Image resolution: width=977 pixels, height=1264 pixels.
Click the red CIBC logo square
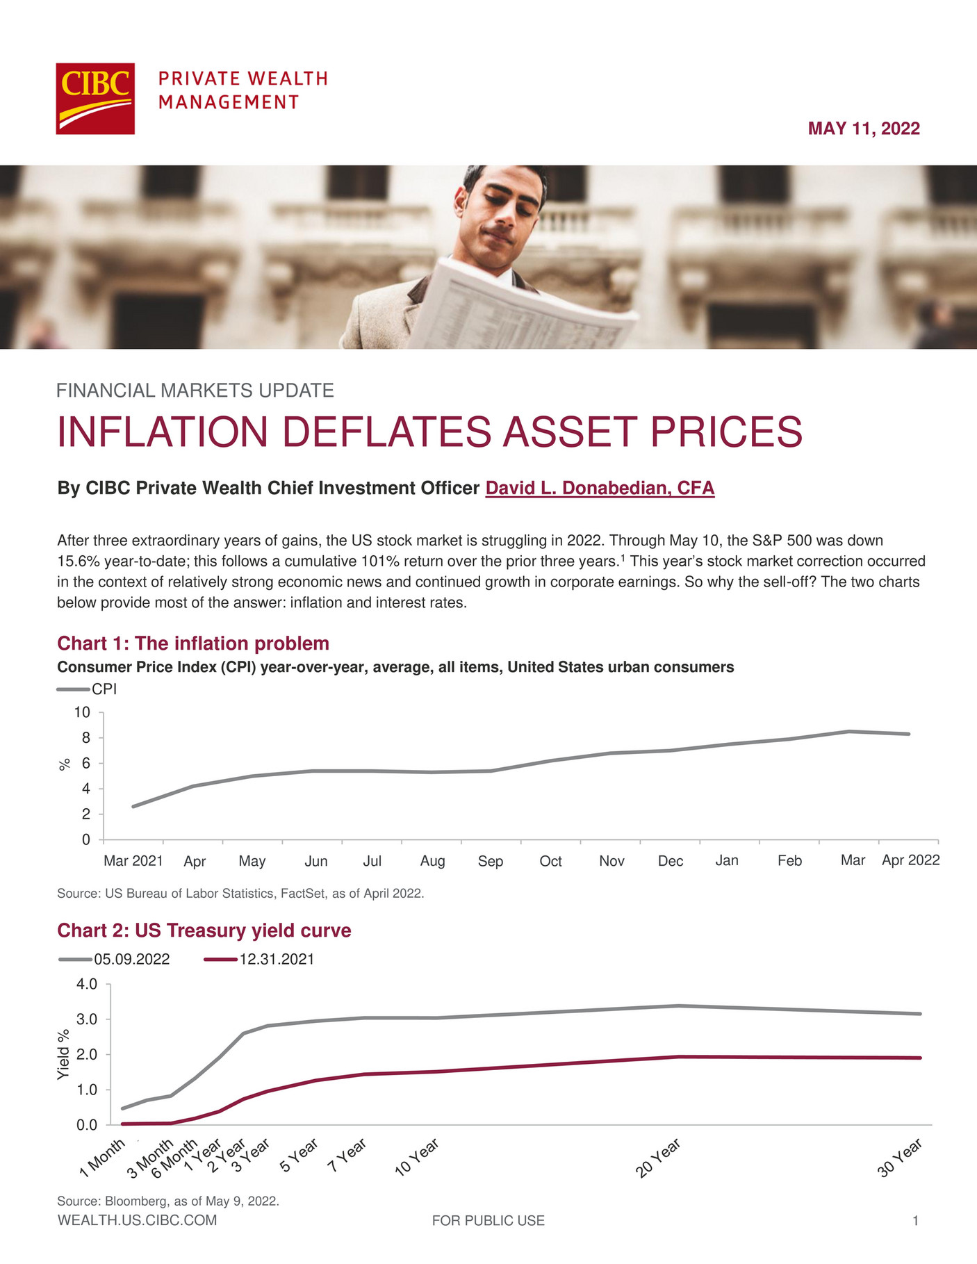tap(95, 99)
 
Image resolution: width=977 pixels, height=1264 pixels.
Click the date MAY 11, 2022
tap(863, 129)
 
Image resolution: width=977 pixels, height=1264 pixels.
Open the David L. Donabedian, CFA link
tap(600, 488)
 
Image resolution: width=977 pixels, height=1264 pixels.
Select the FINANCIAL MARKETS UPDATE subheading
tap(195, 391)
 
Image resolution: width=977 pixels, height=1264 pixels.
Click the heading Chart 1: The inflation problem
tap(192, 643)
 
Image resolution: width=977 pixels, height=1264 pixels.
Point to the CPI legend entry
tap(104, 689)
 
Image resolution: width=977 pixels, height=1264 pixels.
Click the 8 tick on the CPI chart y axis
tap(86, 738)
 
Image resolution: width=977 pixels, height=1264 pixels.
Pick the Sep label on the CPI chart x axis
tap(490, 861)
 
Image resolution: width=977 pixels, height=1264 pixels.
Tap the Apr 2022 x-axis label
tap(910, 860)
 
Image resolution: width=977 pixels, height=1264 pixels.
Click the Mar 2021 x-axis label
tap(133, 861)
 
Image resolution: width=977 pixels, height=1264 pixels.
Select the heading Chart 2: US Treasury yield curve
tap(204, 930)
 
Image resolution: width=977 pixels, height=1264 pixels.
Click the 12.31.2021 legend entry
tap(276, 960)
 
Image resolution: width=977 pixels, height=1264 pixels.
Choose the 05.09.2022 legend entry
tap(131, 960)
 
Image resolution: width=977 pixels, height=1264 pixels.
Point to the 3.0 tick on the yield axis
tap(88, 1019)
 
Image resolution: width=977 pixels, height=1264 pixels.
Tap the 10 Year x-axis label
tap(416, 1158)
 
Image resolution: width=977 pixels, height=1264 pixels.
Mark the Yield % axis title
tap(63, 1053)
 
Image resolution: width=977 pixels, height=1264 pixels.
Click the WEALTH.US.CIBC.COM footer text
tap(137, 1220)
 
